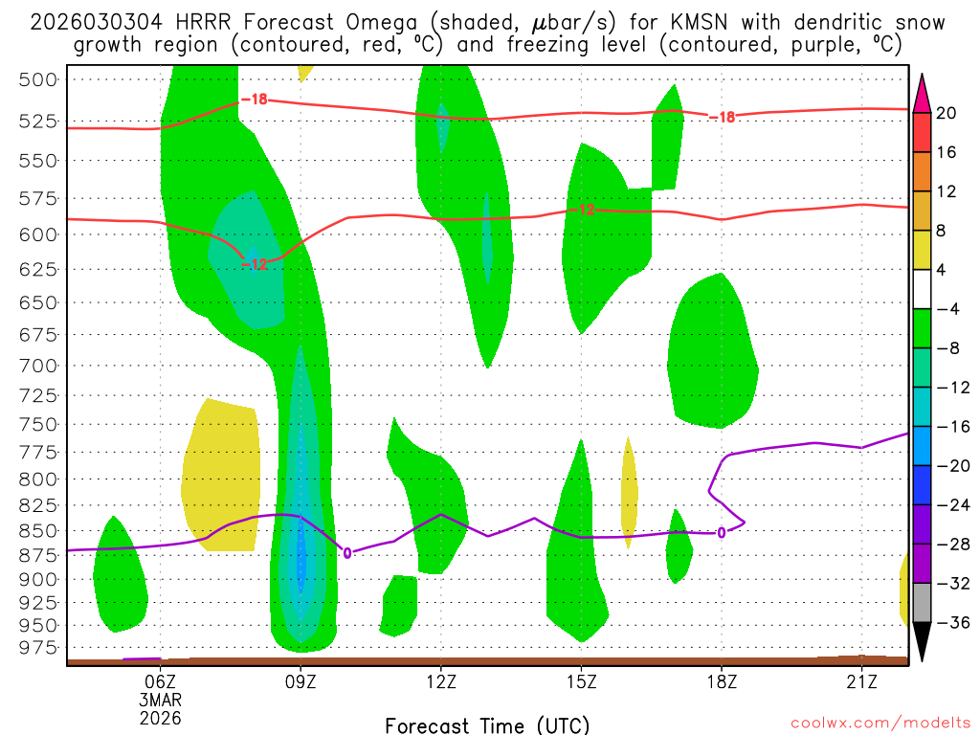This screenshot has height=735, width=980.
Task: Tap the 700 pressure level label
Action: pyautogui.click(x=39, y=366)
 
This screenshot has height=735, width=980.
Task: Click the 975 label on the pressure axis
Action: pyautogui.click(x=39, y=648)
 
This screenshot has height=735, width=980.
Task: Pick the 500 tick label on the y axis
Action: pyautogui.click(x=39, y=79)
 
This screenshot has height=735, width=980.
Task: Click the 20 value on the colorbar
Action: pyautogui.click(x=947, y=113)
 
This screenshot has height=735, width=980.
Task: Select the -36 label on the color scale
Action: pyautogui.click(x=950, y=623)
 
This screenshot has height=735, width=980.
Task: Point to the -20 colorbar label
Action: pyautogui.click(x=950, y=466)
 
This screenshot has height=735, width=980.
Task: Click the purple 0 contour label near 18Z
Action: pyautogui.click(x=721, y=533)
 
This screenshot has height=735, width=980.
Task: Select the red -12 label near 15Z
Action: pyautogui.click(x=588, y=210)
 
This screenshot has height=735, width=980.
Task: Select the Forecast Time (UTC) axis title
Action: pyautogui.click(x=487, y=724)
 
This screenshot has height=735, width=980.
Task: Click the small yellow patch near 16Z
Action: pyautogui.click(x=629, y=490)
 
